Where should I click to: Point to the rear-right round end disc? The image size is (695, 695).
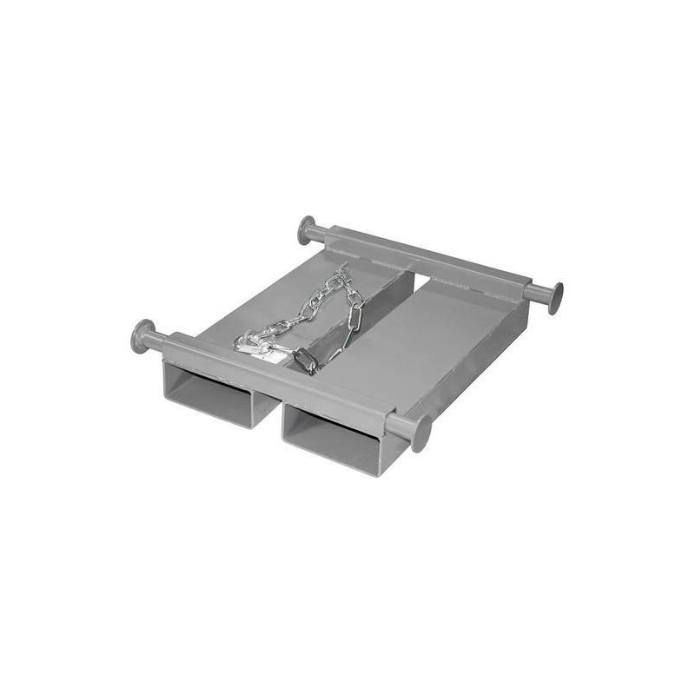[555, 298]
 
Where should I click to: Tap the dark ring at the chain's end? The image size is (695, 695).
[306, 360]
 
